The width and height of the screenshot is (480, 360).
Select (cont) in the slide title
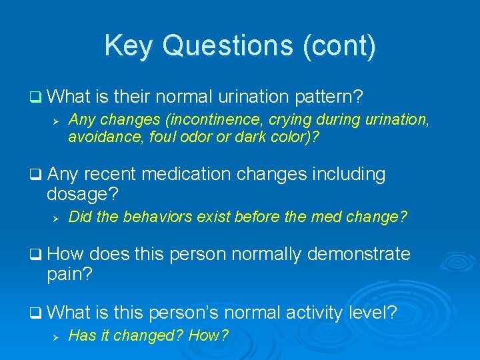point(348,46)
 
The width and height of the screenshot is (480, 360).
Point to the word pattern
point(329,97)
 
